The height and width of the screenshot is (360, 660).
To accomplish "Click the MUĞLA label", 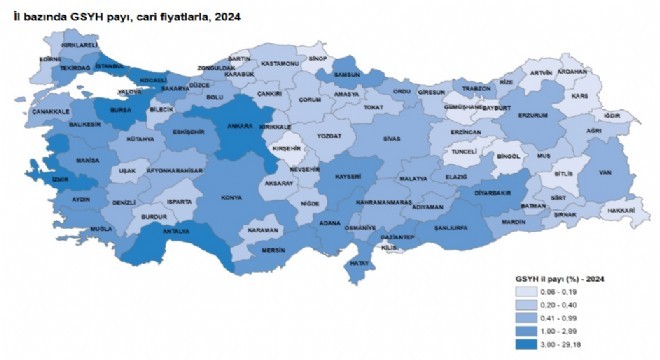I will (72, 228).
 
